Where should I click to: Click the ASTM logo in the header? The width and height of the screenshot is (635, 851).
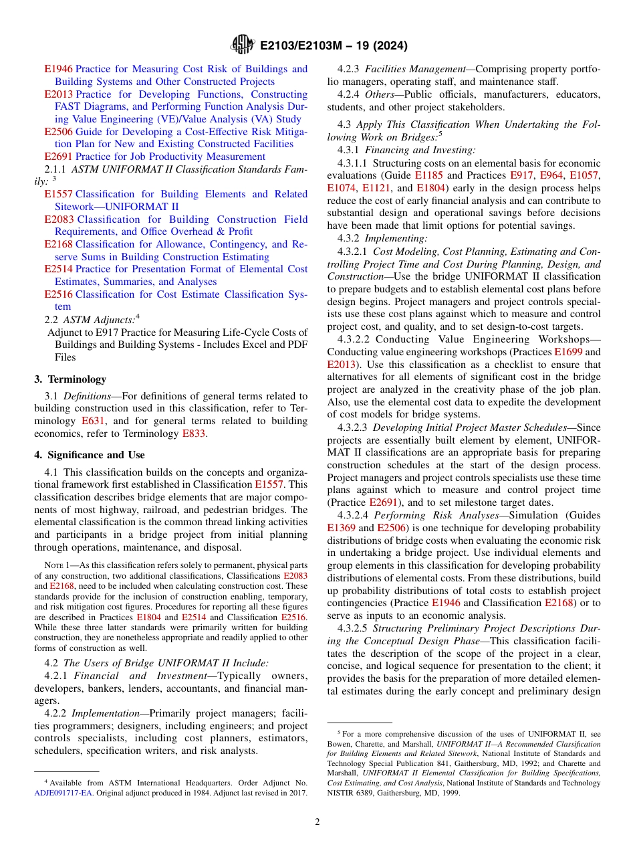[x=241, y=45]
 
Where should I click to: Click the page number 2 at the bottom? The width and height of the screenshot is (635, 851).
[x=317, y=822]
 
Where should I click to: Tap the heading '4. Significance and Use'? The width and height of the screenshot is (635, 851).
[x=89, y=455]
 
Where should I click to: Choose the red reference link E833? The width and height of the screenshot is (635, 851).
[x=193, y=434]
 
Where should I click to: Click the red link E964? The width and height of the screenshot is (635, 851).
[x=551, y=175]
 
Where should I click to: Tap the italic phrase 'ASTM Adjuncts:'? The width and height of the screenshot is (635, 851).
[x=100, y=319]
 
